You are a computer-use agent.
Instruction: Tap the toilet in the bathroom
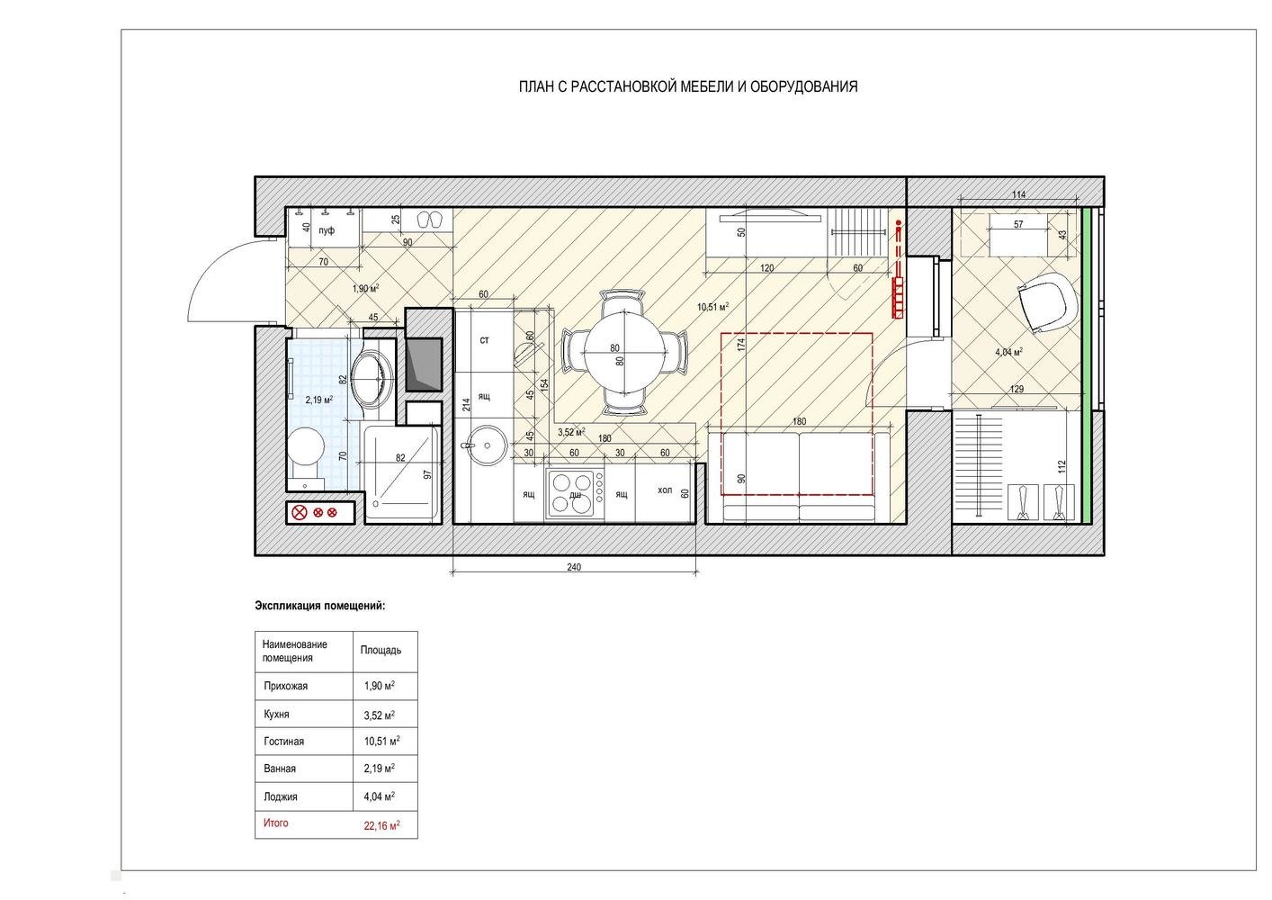point(306,454)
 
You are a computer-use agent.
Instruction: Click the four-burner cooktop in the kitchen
point(575,493)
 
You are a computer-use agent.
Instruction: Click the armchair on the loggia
point(1048,302)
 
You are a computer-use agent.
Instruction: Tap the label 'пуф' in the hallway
point(327,230)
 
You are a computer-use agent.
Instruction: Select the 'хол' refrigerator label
point(665,490)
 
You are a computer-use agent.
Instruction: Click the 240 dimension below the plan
point(574,566)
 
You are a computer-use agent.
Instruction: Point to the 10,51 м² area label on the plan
point(712,307)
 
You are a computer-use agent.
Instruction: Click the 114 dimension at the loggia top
point(1018,194)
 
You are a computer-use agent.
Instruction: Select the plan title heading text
point(688,87)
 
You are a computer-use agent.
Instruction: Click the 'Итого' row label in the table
point(276,823)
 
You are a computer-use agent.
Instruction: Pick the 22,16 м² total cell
point(381,825)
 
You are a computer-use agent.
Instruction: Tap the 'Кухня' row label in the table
point(276,715)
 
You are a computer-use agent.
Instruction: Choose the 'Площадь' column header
point(381,650)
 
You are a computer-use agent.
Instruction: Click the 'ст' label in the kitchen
point(484,340)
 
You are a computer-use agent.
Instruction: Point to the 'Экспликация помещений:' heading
point(320,606)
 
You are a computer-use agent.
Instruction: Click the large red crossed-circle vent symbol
point(300,512)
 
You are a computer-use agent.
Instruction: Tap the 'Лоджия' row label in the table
point(281,796)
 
